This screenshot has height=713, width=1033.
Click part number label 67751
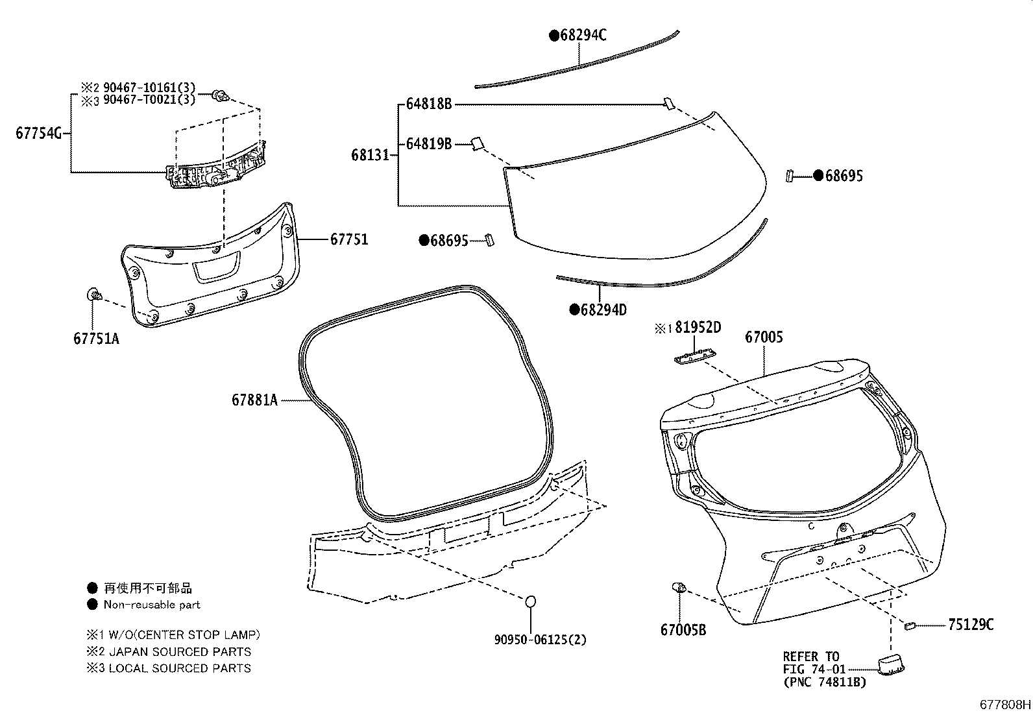coord(348,239)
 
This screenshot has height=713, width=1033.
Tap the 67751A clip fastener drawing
coord(93,296)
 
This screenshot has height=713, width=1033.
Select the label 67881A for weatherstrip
coord(254,400)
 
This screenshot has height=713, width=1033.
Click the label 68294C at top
coord(583,35)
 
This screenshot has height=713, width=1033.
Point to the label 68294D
coord(603,309)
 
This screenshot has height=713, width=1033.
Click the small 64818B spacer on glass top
coord(668,103)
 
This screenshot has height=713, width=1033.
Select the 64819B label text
coord(428,144)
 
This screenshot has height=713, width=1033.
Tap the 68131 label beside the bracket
coord(370,155)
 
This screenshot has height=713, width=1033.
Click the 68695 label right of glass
coord(844,176)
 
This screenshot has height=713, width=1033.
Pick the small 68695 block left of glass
coord(491,240)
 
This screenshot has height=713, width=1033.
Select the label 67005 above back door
coord(764,337)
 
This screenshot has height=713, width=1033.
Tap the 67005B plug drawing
coord(679,588)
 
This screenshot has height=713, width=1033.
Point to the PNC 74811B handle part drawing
coord(891,664)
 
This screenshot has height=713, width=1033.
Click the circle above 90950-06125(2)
coord(530,602)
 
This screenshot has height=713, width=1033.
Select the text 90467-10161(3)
coord(149,88)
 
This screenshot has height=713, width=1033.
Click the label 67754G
coord(38,134)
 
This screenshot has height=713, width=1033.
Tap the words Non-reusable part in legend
coord(152,605)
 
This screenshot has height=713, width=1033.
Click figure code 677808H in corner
coord(1005,705)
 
